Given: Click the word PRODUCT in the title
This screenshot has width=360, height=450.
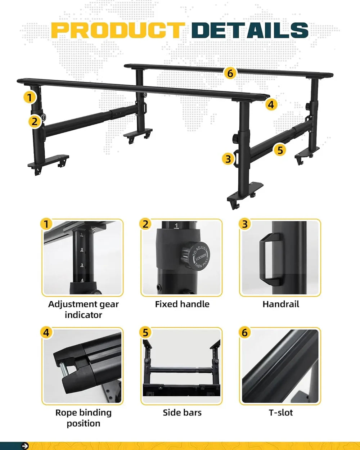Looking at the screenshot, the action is point(118,30).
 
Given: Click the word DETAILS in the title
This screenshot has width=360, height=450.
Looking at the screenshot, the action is point(250,30).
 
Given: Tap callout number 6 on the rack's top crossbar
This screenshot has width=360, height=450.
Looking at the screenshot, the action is point(230,73).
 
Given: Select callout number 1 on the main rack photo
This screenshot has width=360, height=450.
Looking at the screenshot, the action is point(30,98).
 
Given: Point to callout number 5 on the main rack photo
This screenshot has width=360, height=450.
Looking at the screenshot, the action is point(280,150).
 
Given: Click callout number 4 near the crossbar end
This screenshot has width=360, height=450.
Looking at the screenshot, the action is point(271,104).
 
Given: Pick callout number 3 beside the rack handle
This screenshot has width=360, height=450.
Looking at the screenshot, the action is point(228,159).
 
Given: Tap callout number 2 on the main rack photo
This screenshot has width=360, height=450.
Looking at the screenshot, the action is point(35,122).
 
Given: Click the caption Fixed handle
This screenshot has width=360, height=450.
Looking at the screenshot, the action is point(182,304).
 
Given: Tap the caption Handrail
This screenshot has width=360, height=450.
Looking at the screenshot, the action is point(281,304).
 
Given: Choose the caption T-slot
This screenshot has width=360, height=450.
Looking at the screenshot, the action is point(281,413).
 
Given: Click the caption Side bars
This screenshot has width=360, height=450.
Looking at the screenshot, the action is point(182,413).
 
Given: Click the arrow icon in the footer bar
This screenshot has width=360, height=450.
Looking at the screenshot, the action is point(25,446).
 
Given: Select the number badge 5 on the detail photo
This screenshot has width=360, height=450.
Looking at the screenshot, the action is point(145,333).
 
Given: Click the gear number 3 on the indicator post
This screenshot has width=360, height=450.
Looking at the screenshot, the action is point(82,265).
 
